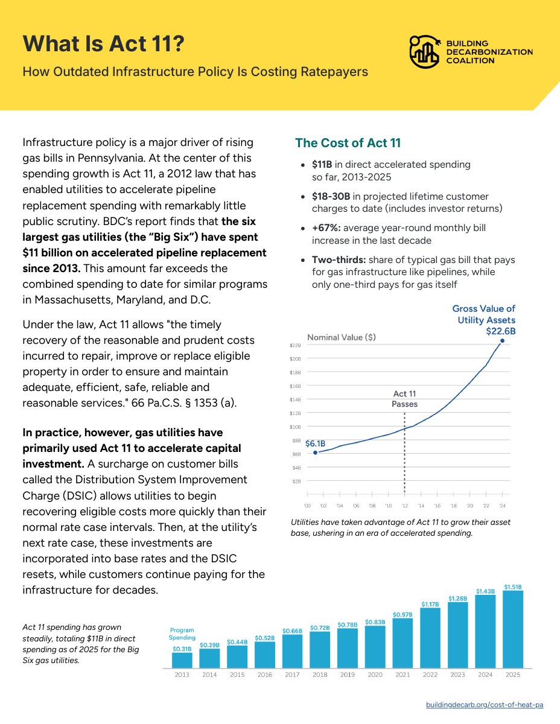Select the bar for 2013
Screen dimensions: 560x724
[182, 660]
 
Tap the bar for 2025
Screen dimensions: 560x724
[513, 629]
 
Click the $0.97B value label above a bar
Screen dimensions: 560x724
[402, 614]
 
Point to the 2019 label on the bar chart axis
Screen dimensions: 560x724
[348, 675]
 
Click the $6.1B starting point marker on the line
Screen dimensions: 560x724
[315, 453]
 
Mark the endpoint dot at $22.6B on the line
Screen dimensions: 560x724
[502, 340]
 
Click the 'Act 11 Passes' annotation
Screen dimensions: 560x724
[404, 399]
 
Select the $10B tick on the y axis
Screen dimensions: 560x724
[295, 427]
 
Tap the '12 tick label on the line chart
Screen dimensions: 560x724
[404, 506]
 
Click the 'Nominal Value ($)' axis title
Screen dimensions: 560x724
[342, 337]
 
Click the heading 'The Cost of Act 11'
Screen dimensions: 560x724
[348, 142]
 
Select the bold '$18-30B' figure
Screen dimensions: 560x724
[331, 196]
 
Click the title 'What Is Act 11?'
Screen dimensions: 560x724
[104, 43]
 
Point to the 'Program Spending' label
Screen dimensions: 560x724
[182, 634]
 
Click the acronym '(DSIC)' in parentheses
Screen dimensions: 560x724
[79, 495]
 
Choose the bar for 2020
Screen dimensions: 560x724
[375, 647]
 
